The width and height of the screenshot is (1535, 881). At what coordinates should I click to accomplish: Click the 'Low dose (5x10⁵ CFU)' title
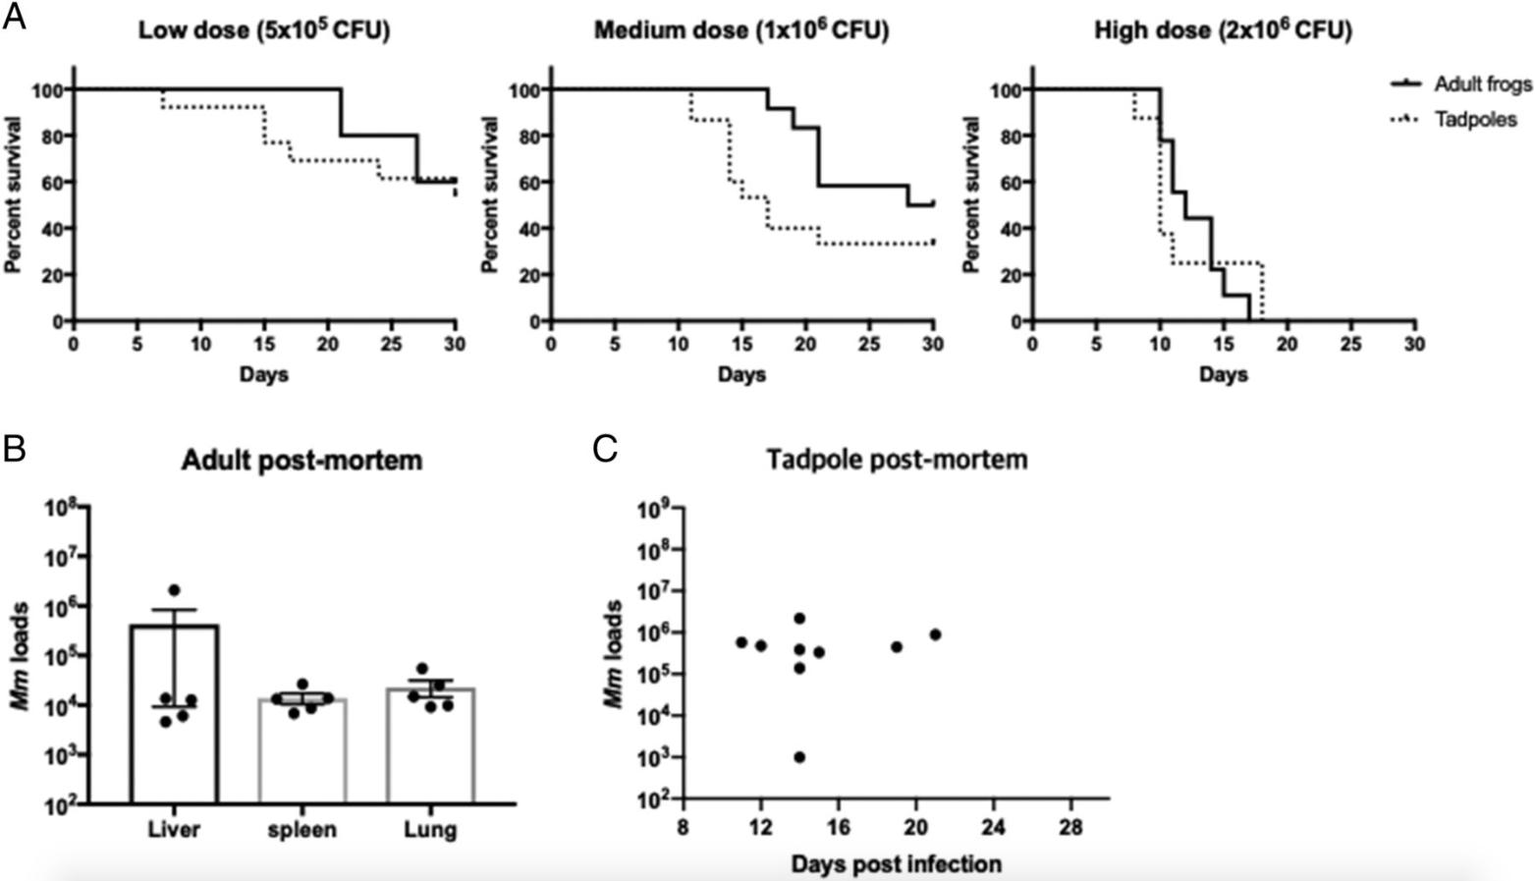pyautogui.click(x=263, y=31)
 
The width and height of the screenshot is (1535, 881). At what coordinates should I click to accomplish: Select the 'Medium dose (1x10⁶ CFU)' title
pyautogui.click(x=741, y=31)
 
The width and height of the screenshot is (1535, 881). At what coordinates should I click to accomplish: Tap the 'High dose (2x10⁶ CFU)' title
pyautogui.click(x=1223, y=31)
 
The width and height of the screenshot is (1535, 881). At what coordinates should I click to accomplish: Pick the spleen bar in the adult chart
pyautogui.click(x=303, y=750)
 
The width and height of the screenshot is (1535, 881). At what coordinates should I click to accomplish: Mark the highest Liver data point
pyautogui.click(x=175, y=589)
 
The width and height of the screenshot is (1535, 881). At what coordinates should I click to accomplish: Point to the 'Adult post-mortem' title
pyautogui.click(x=302, y=460)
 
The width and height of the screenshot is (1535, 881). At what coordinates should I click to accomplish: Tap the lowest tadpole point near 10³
pyautogui.click(x=799, y=757)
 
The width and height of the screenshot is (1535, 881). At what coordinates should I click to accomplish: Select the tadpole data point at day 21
pyautogui.click(x=935, y=634)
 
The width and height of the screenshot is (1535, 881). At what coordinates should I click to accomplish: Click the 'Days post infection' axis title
pyautogui.click(x=896, y=864)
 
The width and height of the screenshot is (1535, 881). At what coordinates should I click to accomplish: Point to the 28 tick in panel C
pyautogui.click(x=1070, y=828)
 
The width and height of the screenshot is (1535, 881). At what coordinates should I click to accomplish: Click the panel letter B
pyautogui.click(x=15, y=449)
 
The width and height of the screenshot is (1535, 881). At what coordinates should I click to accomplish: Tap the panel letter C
pyautogui.click(x=605, y=449)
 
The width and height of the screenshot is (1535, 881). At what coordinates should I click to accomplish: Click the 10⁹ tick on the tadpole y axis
pyautogui.click(x=654, y=509)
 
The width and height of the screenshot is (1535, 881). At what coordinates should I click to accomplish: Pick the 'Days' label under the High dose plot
pyautogui.click(x=1223, y=374)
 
